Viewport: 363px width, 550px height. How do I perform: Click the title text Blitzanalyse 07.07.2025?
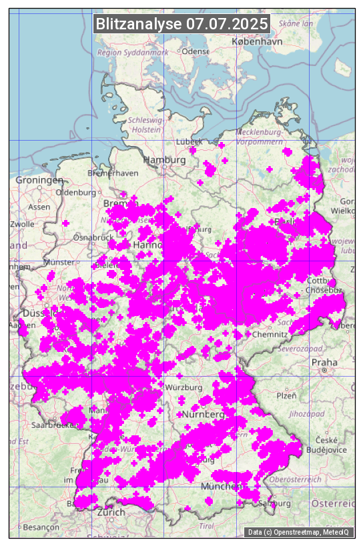pyautogui.click(x=181, y=24)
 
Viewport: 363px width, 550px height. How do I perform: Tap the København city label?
pyautogui.click(x=257, y=41)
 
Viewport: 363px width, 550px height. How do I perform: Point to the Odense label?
pyautogui.click(x=196, y=51)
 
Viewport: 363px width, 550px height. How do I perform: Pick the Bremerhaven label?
pyautogui.click(x=113, y=173)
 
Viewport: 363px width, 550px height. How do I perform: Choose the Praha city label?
pyautogui.click(x=324, y=363)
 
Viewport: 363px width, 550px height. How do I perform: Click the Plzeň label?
pyautogui.click(x=286, y=395)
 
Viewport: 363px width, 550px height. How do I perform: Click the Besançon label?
pyautogui.click(x=41, y=527)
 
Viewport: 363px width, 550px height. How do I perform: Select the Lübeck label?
pyautogui.click(x=190, y=142)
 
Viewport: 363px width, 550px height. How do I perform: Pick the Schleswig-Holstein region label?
pyautogui.click(x=146, y=125)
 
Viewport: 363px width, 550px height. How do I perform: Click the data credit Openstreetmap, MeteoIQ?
pyautogui.click(x=299, y=532)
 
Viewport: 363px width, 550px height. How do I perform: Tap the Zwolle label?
pyautogui.click(x=22, y=224)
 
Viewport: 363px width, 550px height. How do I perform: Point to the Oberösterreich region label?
pyautogui.click(x=295, y=479)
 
